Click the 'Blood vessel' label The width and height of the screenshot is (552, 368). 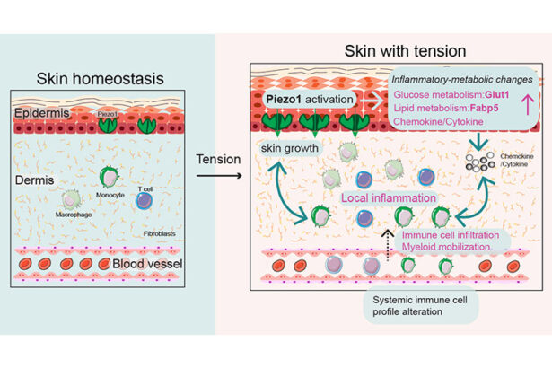[x=147, y=266]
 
